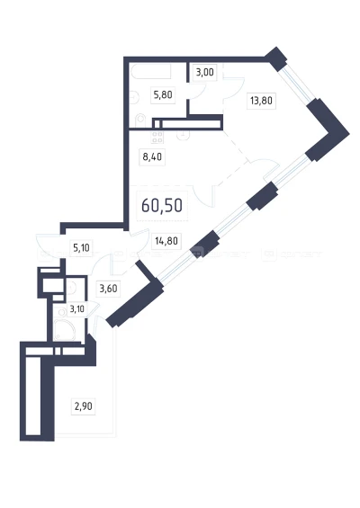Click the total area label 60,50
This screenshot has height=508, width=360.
(162, 205)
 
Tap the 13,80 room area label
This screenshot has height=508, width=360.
(261, 101)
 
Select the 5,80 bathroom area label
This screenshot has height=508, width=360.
(163, 95)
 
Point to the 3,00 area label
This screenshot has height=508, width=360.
(204, 72)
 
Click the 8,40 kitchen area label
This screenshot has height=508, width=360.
(152, 156)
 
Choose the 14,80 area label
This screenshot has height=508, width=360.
(166, 241)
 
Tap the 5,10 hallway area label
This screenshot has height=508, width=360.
(81, 248)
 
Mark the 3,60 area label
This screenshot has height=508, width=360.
(108, 288)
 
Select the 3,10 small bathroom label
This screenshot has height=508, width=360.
(76, 309)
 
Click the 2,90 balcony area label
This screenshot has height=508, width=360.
(84, 406)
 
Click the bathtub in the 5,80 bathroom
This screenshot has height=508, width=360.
(150, 71)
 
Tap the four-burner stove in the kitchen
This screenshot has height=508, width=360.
(157, 137)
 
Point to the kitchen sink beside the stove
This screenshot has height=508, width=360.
(183, 135)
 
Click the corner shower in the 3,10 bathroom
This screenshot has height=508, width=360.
(64, 330)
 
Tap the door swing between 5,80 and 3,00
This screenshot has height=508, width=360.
(197, 91)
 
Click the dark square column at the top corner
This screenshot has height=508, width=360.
(276, 59)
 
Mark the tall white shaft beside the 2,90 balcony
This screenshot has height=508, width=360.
(33, 396)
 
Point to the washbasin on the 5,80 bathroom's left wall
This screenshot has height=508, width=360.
(134, 96)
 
